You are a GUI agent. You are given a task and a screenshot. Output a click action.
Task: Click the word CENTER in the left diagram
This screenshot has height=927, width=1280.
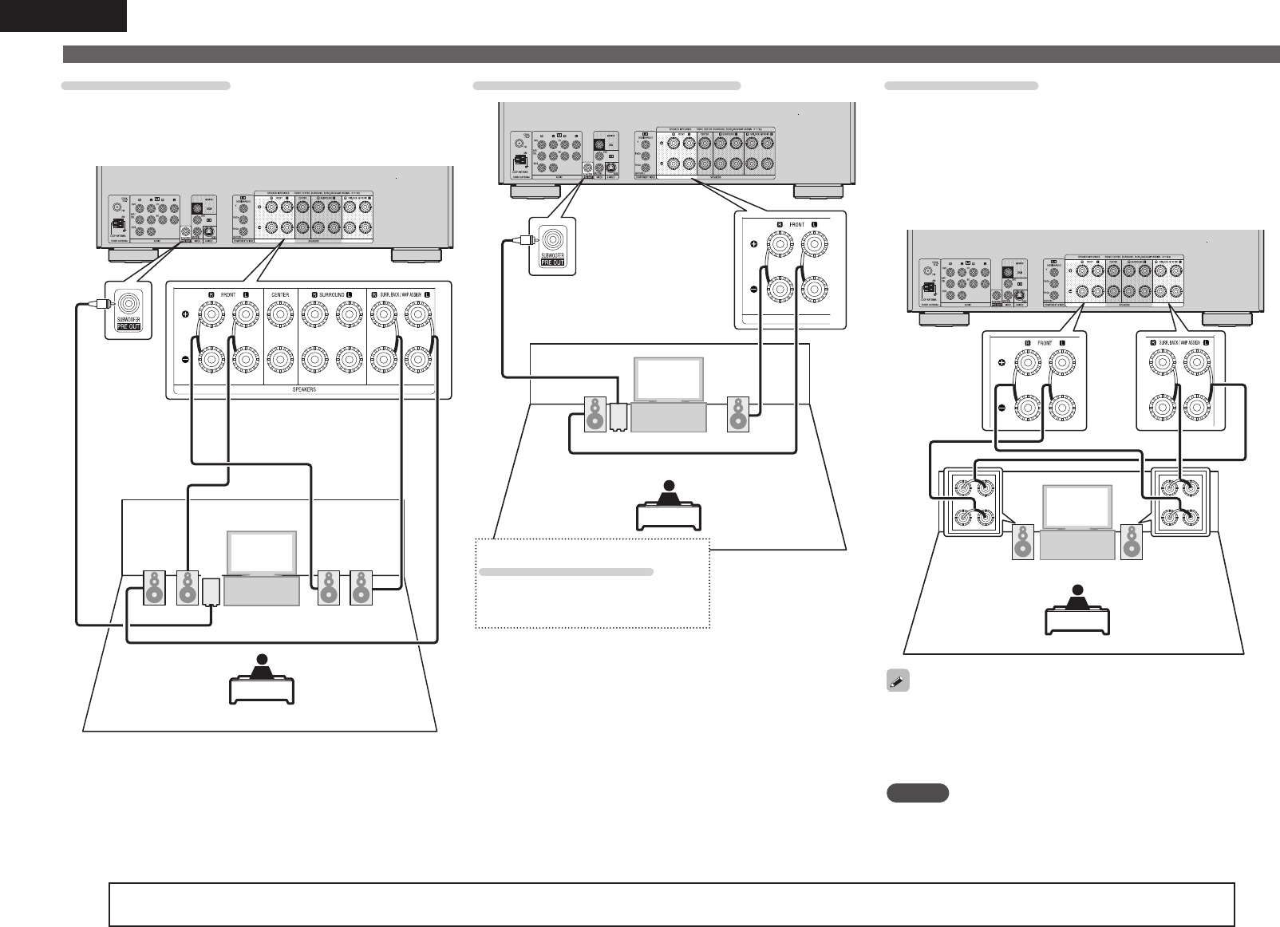(280, 295)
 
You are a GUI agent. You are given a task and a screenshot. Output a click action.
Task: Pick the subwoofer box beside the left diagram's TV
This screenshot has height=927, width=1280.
(211, 593)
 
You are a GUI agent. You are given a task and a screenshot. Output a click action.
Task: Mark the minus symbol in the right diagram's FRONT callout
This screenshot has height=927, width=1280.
(1001, 407)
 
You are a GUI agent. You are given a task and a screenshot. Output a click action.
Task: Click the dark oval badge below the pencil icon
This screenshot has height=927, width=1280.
(918, 792)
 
